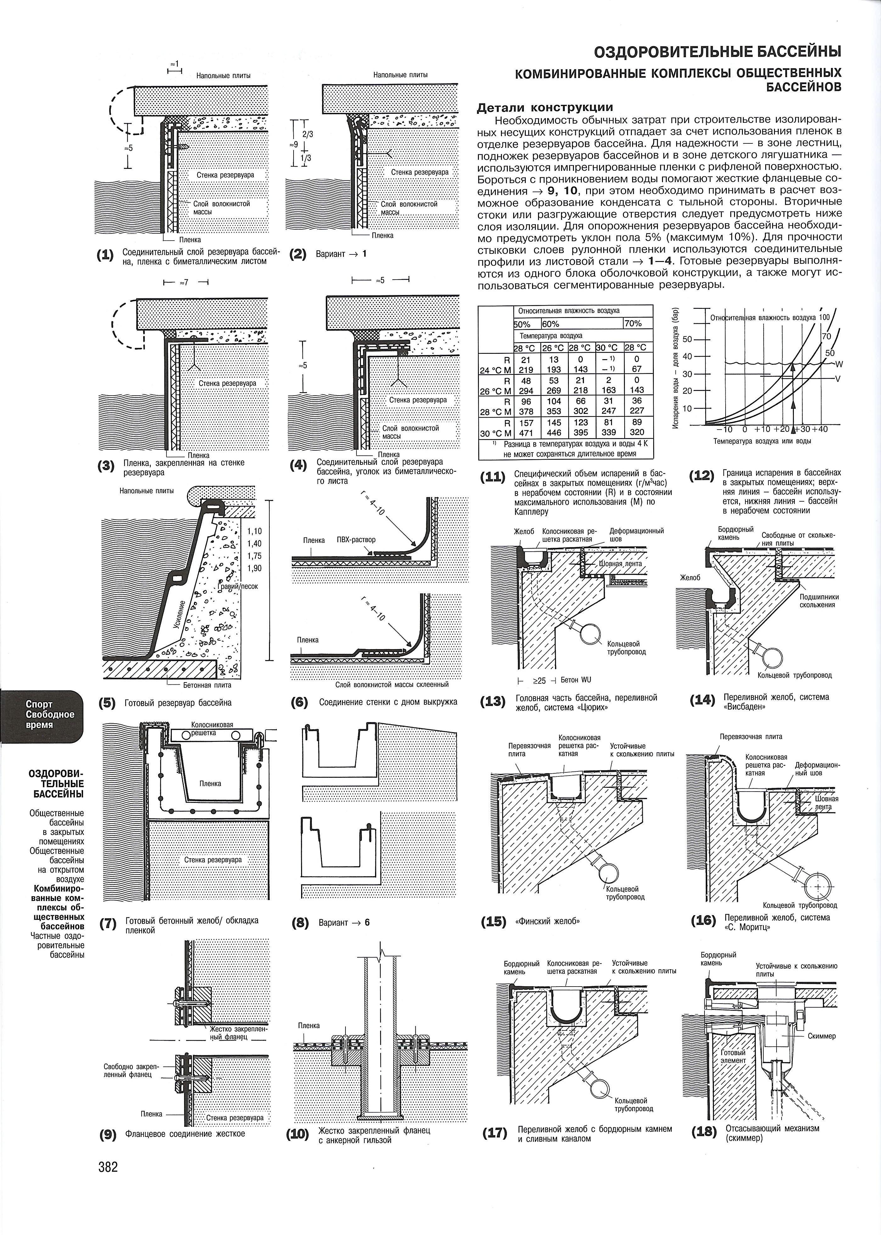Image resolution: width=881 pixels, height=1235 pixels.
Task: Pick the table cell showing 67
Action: point(637,369)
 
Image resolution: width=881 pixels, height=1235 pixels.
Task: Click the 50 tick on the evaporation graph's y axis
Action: point(688,339)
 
